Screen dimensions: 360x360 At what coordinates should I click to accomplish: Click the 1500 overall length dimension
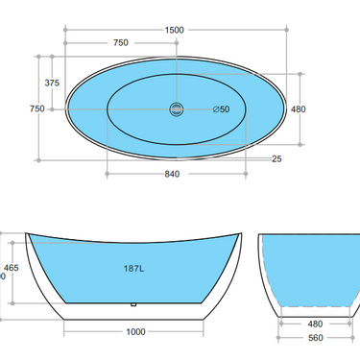(174, 30)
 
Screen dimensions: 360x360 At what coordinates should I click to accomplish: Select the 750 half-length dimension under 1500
(121, 43)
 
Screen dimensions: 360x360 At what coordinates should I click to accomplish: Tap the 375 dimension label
(52, 84)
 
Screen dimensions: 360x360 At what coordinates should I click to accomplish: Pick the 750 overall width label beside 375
(37, 108)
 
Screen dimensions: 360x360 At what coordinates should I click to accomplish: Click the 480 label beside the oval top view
(298, 109)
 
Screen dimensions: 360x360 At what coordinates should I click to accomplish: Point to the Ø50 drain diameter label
(222, 109)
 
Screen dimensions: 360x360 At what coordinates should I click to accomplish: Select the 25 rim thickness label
(276, 158)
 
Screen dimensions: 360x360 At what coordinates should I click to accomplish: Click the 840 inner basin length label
(174, 174)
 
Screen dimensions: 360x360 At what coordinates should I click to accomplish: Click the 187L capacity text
(134, 270)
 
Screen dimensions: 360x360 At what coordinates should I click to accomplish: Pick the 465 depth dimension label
(12, 268)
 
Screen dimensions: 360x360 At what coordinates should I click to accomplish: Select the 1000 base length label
(134, 331)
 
